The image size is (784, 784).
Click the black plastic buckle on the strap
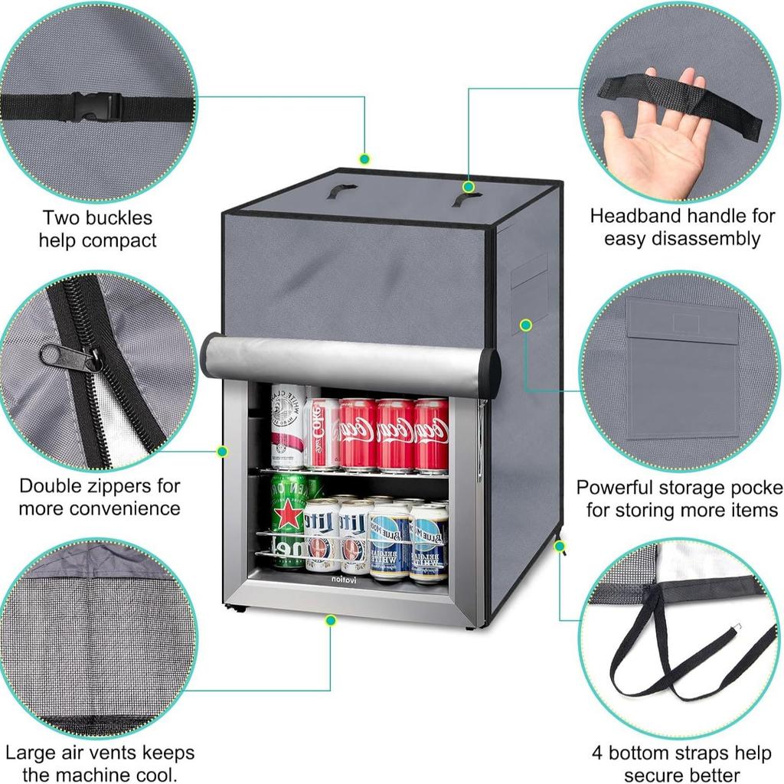coord(93,107)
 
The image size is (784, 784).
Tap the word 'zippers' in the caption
coord(137,485)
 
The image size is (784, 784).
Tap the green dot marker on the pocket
coord(526,325)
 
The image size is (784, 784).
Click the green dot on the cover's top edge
coord(364,158)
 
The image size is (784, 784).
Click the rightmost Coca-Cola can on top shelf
coord(431,435)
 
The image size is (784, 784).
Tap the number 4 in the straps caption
coord(597,753)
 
